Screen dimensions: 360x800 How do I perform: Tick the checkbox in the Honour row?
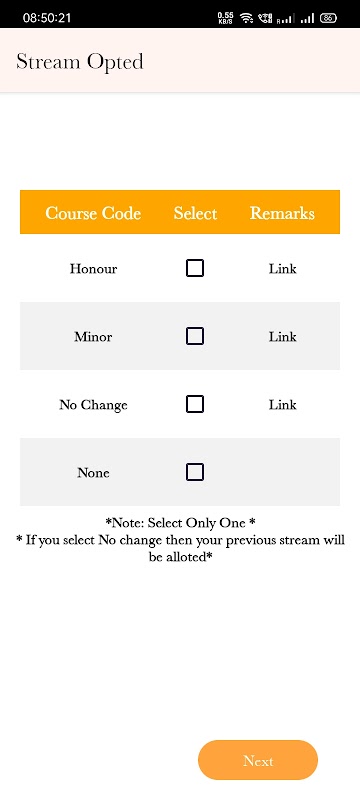tap(195, 268)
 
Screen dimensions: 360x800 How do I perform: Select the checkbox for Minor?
tap(195, 336)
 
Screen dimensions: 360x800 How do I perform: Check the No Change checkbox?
tap(195, 404)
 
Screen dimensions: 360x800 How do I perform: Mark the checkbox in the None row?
tap(195, 472)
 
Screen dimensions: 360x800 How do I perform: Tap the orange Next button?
tap(258, 760)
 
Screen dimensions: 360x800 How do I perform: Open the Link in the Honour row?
tap(282, 268)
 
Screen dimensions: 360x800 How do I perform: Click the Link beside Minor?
tap(282, 337)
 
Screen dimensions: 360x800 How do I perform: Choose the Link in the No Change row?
tap(282, 405)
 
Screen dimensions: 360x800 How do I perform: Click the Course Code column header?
tap(93, 213)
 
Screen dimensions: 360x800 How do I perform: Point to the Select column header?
tap(195, 213)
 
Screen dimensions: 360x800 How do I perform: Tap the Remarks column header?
tap(282, 213)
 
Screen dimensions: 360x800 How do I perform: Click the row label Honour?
tap(93, 268)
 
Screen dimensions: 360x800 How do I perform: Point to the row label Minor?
tap(93, 337)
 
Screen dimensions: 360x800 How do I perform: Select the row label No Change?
tap(93, 405)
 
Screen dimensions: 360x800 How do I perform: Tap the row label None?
tap(93, 473)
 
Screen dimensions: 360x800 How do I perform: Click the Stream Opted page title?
tap(80, 62)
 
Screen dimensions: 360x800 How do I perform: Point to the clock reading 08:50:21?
tap(47, 18)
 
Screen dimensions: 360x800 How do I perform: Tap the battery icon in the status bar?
tap(328, 18)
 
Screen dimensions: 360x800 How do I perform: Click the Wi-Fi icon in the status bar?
tap(247, 18)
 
